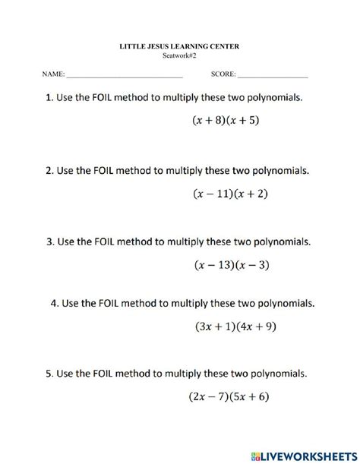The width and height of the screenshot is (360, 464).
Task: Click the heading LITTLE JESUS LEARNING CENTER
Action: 179,46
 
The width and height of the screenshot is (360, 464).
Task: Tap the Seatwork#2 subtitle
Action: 179,55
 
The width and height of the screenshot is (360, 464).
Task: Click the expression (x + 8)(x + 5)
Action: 225,120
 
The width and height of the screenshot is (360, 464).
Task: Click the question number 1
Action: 49,98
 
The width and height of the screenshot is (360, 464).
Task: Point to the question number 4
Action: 55,304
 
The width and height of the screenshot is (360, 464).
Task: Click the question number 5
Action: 49,374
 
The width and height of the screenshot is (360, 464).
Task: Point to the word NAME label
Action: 52,76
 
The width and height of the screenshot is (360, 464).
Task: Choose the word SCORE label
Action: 222,76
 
